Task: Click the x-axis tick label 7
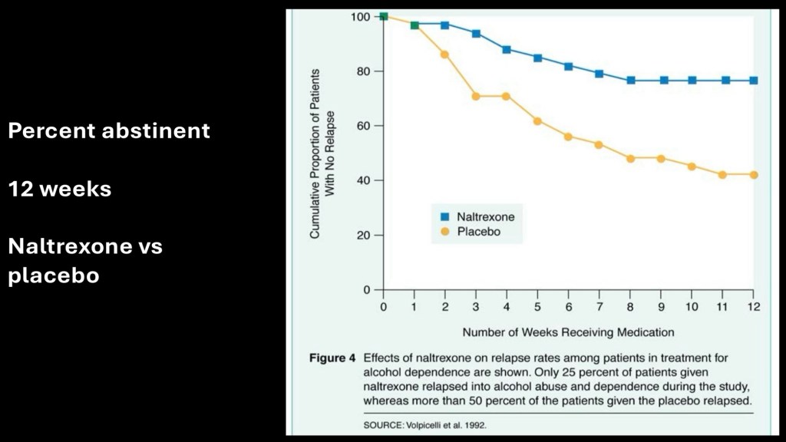point(599,306)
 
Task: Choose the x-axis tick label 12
point(753,306)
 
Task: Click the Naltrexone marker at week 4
point(507,49)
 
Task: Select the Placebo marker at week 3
point(476,97)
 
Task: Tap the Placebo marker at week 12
point(754,175)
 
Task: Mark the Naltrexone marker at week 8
point(630,81)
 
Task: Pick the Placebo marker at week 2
point(444,54)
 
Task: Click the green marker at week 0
point(384,16)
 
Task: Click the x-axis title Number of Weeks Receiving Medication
point(568,332)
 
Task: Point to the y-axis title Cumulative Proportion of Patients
point(315,153)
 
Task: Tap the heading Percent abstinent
point(108,131)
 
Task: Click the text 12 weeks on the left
point(59,189)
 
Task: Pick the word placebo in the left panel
point(54,276)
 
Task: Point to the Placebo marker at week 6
point(568,137)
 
